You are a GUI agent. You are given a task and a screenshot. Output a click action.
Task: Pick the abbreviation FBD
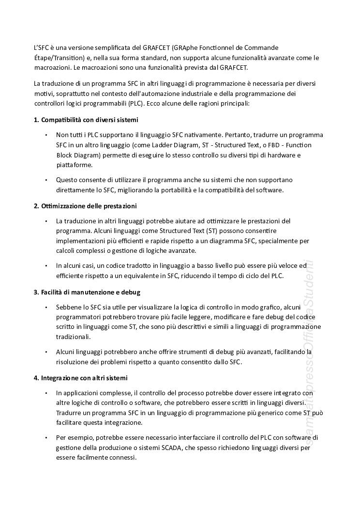click(x=278, y=145)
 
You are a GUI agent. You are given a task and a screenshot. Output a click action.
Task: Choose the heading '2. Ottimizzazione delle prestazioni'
click(x=85, y=206)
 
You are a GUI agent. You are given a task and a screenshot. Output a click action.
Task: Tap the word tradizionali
click(x=73, y=337)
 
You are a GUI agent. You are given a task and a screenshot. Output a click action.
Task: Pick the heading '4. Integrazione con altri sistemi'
click(x=81, y=377)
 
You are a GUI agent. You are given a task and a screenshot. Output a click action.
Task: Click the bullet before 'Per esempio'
click(x=46, y=438)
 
